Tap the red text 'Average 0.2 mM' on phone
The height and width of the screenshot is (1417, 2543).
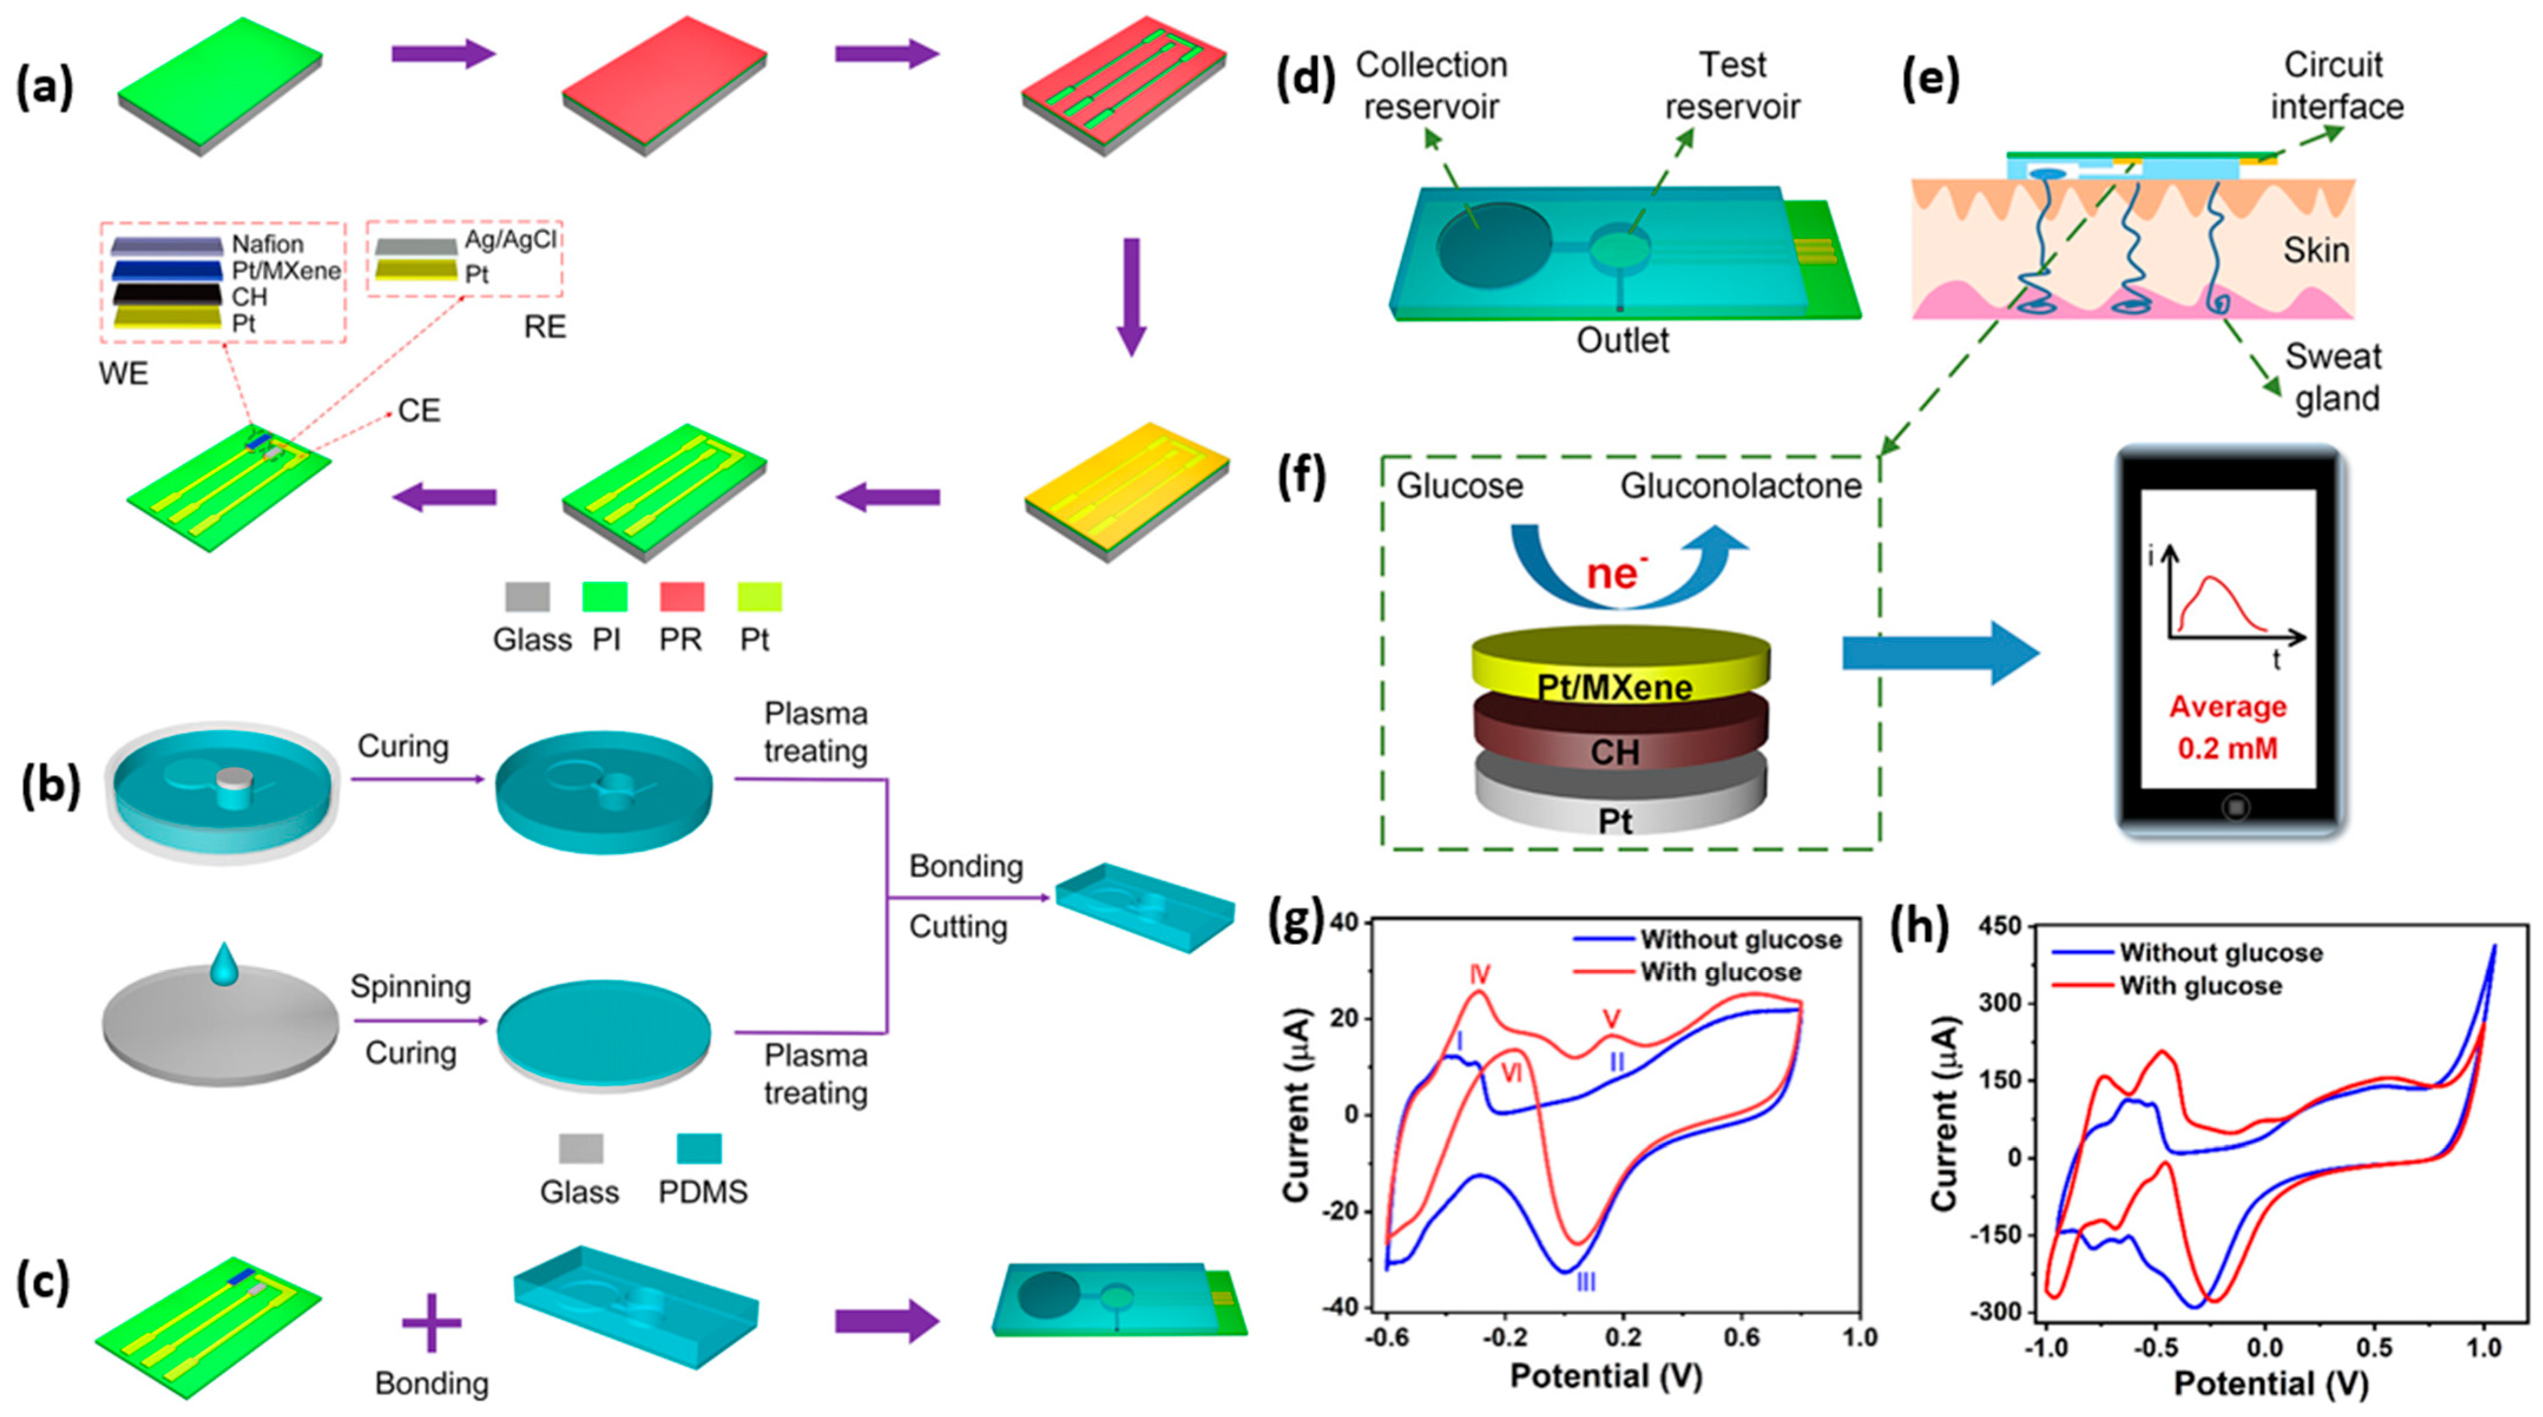pos(2227,727)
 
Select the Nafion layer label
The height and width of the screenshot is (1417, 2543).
pos(268,244)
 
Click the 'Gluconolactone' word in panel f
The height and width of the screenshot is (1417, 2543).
pos(1741,486)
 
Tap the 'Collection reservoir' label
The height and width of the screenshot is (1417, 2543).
pos(1432,86)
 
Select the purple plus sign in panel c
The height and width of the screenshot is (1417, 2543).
pos(432,1322)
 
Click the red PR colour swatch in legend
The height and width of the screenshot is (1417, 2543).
pos(681,597)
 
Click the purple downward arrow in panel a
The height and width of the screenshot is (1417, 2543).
pos(1131,296)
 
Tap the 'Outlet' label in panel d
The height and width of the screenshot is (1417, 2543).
pos(1622,341)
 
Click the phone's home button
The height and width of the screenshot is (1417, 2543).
pos(2235,807)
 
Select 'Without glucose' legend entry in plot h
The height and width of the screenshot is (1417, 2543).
pos(2220,953)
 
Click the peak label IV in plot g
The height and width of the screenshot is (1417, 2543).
pos(1479,975)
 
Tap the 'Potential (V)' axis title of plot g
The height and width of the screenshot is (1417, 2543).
pos(1606,1376)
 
